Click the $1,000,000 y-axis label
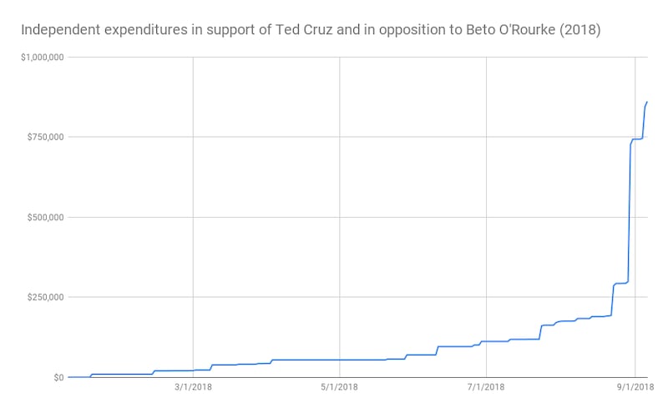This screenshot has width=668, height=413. pos(40,57)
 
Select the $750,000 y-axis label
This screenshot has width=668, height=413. pos(43,137)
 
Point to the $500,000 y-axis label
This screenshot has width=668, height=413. pos(43,217)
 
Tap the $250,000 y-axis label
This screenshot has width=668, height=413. pos(43,297)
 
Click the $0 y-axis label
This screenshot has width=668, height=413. pos(57,377)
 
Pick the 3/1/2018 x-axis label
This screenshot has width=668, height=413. pos(193,387)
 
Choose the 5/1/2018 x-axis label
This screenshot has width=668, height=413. pos(339,387)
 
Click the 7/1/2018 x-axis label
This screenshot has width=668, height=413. pos(485,387)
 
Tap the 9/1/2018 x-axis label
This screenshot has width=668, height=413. pos(635,387)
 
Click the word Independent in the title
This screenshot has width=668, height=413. pos(55,30)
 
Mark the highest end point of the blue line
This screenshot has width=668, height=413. pos(648,102)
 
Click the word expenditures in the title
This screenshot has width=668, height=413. pos(138,30)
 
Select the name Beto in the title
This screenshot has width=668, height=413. pos(463,30)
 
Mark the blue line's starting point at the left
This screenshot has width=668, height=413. pos(68,377)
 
